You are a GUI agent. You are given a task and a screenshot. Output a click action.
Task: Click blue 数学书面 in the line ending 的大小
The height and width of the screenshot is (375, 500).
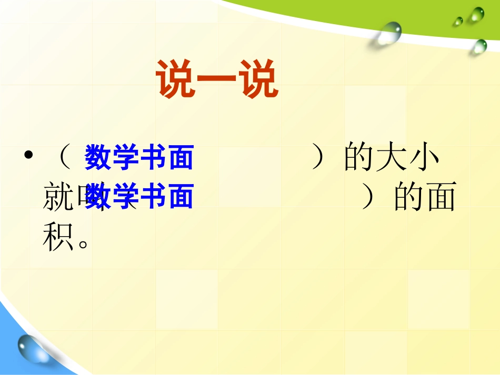pos(139,157)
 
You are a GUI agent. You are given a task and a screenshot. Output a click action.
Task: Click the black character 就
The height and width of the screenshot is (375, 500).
pos(58,198)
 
